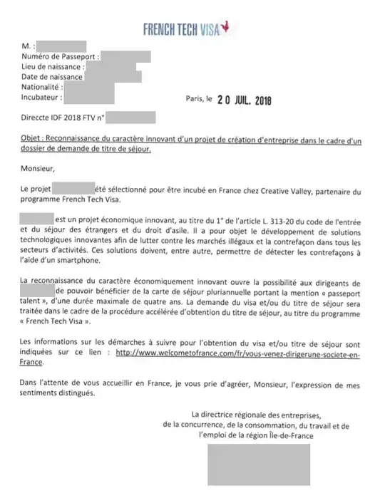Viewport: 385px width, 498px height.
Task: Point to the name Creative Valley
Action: (277, 190)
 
